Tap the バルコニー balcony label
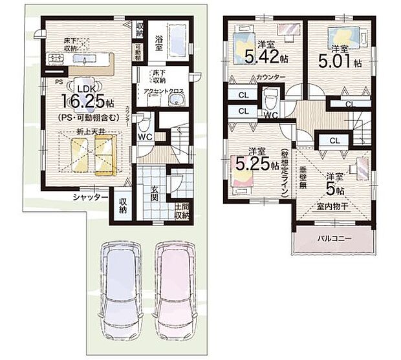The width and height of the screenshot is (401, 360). click(334, 238)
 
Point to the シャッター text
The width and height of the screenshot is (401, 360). click(90, 197)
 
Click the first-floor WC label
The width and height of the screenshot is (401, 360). click(144, 136)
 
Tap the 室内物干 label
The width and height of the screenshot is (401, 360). click(332, 206)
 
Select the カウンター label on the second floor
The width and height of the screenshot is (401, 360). click(253, 78)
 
